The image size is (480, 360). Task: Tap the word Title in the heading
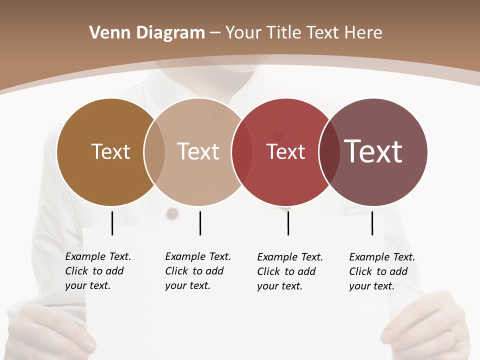click(x=284, y=33)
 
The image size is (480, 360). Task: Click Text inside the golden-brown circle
click(x=110, y=151)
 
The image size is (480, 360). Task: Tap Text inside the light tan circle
click(x=198, y=151)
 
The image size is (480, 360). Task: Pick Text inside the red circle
click(x=285, y=151)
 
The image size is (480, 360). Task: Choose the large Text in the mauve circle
click(x=373, y=151)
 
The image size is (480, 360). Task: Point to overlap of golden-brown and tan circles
click(x=154, y=152)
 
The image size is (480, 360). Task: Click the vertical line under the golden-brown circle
click(x=112, y=223)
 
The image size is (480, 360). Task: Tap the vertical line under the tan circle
click(x=200, y=223)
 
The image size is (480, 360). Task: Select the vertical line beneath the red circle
click(x=288, y=223)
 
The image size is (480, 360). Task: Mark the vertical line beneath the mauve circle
click(x=372, y=223)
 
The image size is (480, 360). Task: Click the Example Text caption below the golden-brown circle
click(x=97, y=271)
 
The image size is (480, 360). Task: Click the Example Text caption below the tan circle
click(x=197, y=271)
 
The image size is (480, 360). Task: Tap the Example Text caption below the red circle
click(x=289, y=271)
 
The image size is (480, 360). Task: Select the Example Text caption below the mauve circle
click(x=381, y=271)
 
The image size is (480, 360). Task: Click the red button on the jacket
click(x=172, y=213)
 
